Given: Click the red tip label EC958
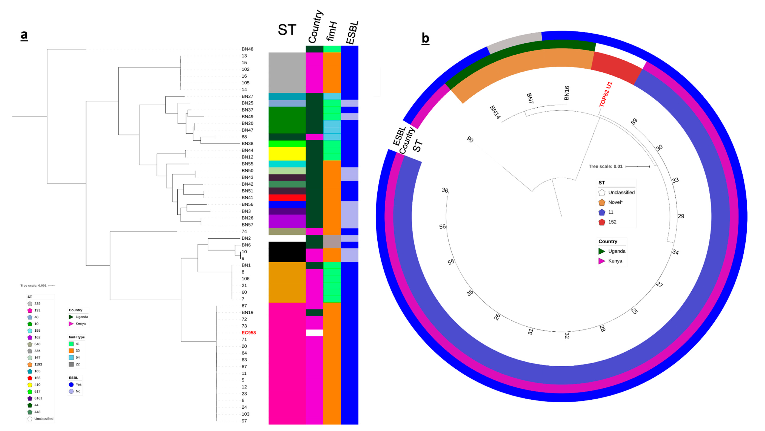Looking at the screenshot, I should click(x=249, y=332).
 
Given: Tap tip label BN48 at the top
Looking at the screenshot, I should click(x=247, y=49).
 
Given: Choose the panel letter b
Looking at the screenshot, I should click(x=425, y=39).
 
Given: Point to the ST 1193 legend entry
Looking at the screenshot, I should click(x=38, y=364).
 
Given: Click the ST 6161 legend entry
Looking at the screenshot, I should click(x=38, y=398).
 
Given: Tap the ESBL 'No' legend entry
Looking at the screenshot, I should click(x=78, y=391).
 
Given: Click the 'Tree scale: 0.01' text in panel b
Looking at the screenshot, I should click(x=605, y=166).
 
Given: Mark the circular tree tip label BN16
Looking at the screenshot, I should click(x=567, y=93).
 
